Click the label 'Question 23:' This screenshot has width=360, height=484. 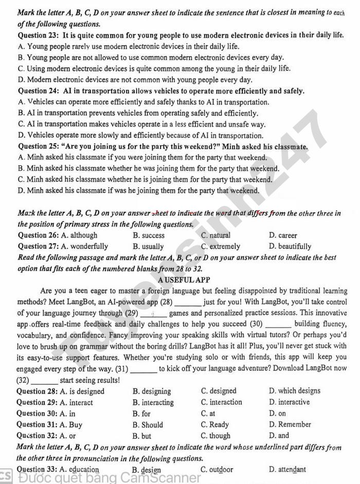(39, 35)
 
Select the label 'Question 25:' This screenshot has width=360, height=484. (39, 147)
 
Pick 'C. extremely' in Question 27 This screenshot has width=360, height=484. (221, 246)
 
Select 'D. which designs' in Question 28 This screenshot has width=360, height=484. (294, 391)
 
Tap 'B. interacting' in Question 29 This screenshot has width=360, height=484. (153, 402)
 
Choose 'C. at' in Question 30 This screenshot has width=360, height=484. (208, 413)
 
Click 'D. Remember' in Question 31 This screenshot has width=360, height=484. (290, 424)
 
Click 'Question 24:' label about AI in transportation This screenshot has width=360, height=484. (39, 91)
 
